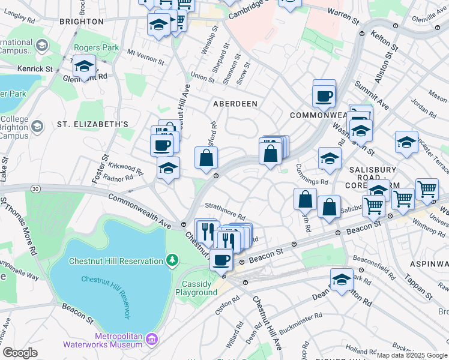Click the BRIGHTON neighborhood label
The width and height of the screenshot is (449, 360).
(x=82, y=22)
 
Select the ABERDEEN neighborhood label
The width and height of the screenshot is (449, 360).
(x=235, y=104)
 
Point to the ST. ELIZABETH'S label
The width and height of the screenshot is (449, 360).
(x=93, y=124)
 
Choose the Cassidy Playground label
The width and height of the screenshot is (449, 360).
(x=196, y=288)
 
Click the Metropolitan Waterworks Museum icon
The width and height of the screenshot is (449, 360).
(x=152, y=340)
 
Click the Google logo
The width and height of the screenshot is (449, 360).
(x=20, y=353)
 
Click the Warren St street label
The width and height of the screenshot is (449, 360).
(x=343, y=16)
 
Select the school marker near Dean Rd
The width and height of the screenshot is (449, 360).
(x=342, y=279)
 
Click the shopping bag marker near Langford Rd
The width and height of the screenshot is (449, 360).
(x=206, y=158)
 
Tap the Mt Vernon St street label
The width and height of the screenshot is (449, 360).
(x=145, y=56)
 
